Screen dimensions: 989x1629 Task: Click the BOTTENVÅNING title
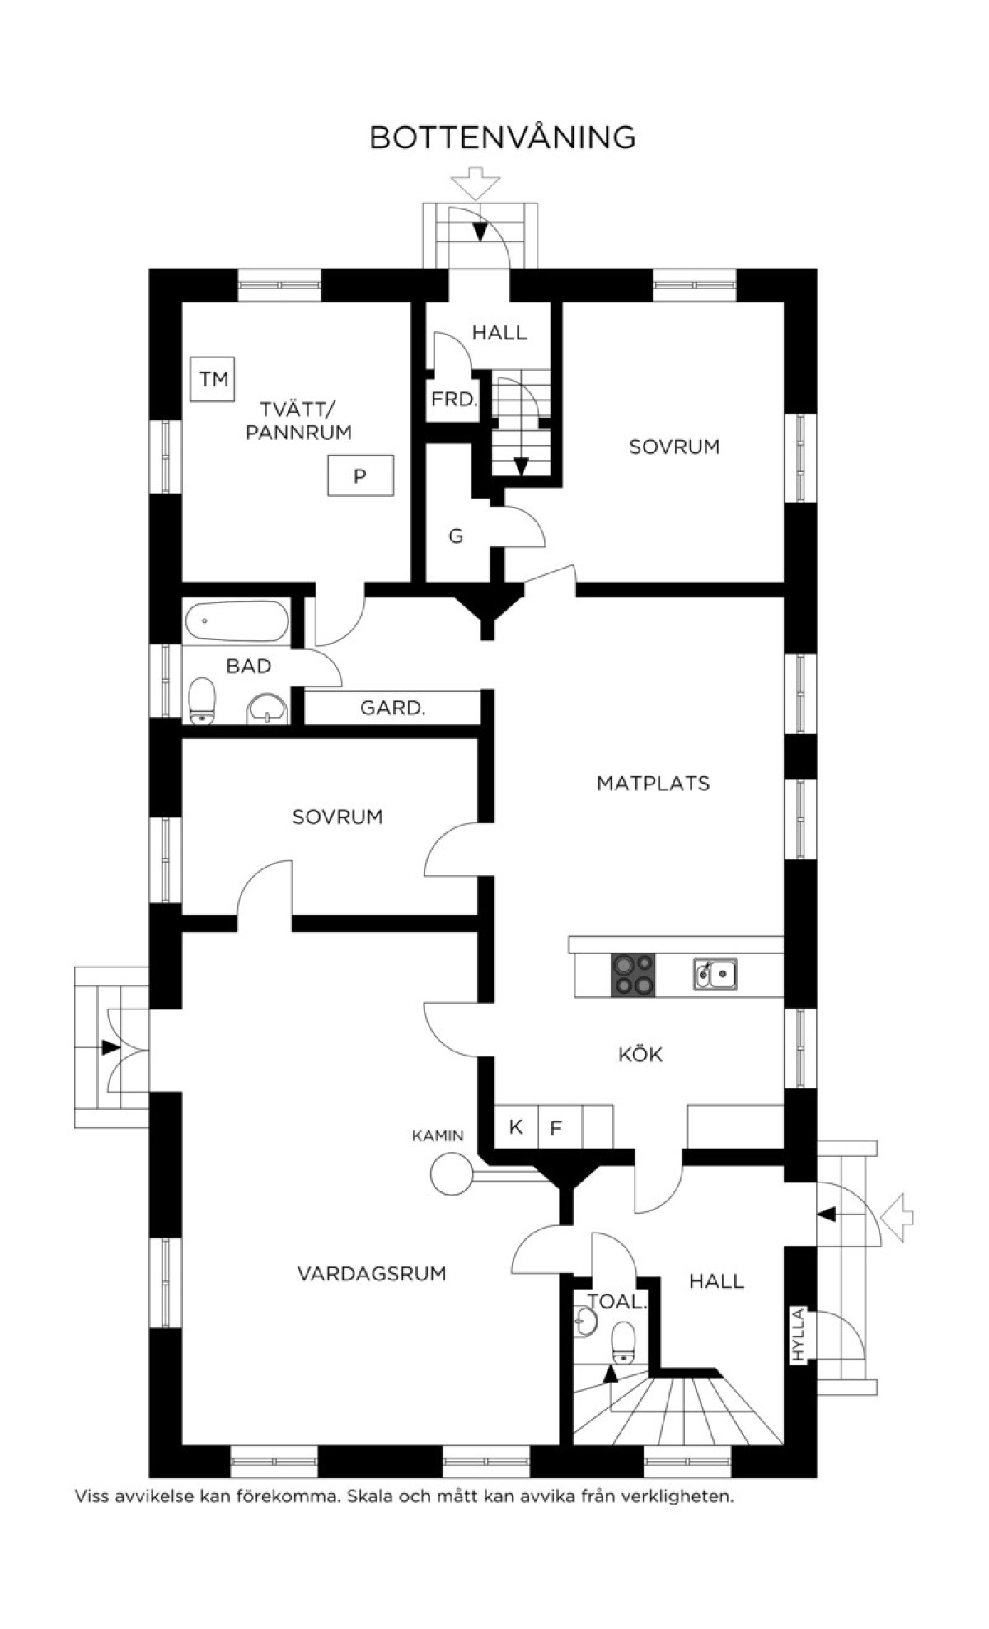[502, 136]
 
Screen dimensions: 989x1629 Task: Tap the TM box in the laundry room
[213, 379]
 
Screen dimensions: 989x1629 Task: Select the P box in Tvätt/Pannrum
[360, 475]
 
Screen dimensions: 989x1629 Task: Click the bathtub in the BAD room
[237, 621]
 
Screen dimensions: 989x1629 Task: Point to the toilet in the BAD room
[202, 701]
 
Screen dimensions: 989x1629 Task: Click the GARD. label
[392, 708]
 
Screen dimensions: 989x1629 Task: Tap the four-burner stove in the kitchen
[633, 975]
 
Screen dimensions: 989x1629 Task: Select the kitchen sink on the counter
[715, 974]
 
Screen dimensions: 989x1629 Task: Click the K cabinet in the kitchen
[516, 1126]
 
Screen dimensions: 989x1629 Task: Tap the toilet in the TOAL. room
[624, 1341]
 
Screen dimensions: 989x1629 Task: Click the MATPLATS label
[653, 783]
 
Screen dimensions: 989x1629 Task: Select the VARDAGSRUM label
[372, 1274]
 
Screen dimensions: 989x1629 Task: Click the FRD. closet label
[454, 400]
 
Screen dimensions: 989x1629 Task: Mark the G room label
[456, 536]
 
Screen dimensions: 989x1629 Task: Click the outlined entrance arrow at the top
[476, 183]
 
